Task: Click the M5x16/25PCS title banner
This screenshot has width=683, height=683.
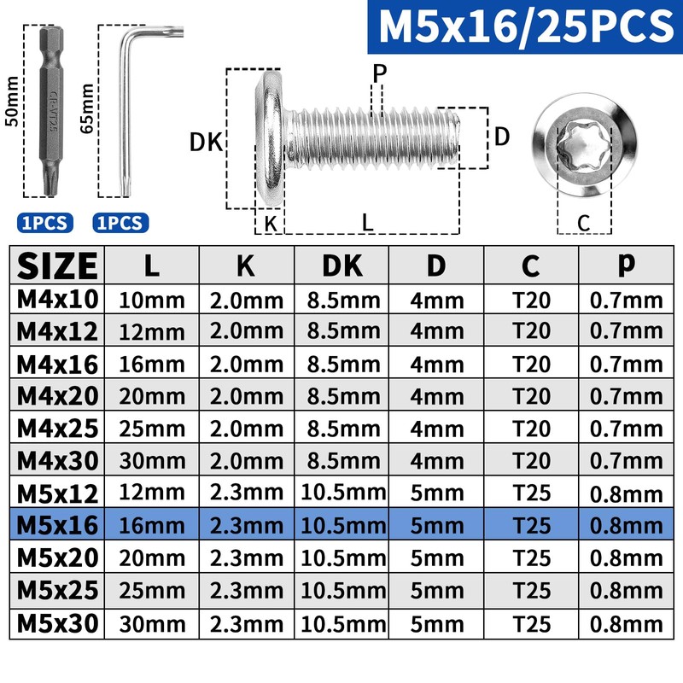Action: point(525,26)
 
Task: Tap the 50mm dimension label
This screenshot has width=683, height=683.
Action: point(12,102)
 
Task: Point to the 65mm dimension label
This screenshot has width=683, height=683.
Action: point(87,108)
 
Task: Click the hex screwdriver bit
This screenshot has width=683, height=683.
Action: point(51,111)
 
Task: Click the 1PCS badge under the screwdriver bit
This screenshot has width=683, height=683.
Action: point(45,223)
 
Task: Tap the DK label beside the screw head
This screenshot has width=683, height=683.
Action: point(206,142)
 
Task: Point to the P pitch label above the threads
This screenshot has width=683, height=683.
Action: point(379,73)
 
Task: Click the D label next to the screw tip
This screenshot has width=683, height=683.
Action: point(502,137)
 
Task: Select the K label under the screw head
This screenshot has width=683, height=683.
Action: point(271,224)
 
